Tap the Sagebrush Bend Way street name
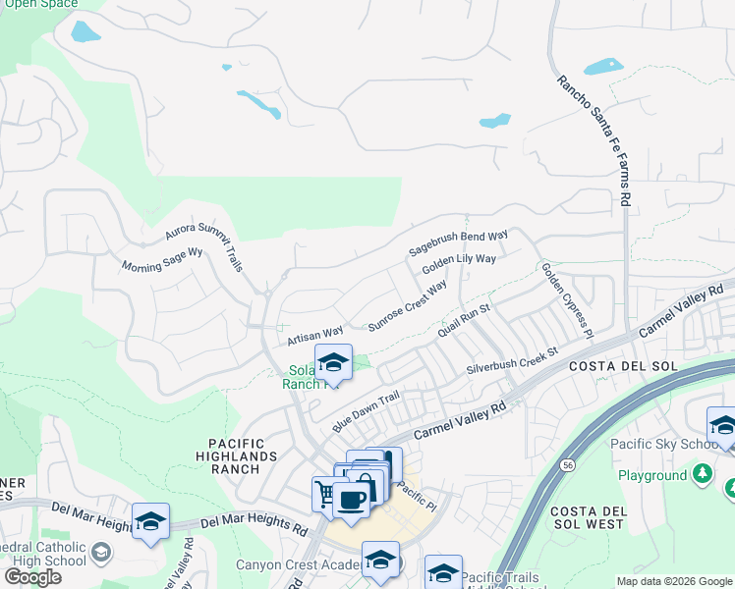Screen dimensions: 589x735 tap(458, 244)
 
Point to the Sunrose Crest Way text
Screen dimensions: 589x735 tap(407, 305)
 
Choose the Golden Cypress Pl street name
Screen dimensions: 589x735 tap(567, 299)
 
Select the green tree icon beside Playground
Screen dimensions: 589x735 tap(702, 475)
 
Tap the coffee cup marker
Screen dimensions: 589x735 tap(351, 500)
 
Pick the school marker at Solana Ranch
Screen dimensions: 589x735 tap(333, 362)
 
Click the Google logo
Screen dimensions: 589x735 tap(32, 577)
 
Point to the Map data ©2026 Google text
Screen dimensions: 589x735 tap(673, 581)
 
